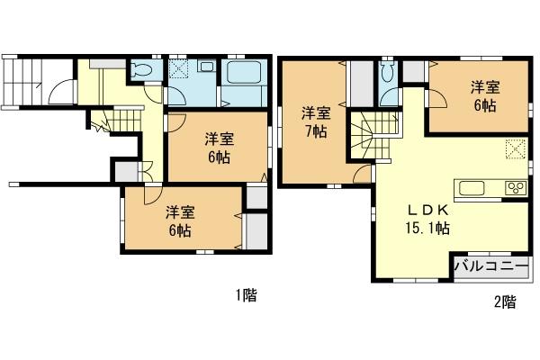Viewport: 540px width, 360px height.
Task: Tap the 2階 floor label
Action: [505, 301]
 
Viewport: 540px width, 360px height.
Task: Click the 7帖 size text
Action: [315, 130]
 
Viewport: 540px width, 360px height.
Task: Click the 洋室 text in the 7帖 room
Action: [315, 112]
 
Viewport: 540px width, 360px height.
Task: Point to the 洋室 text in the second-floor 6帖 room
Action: [484, 88]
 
